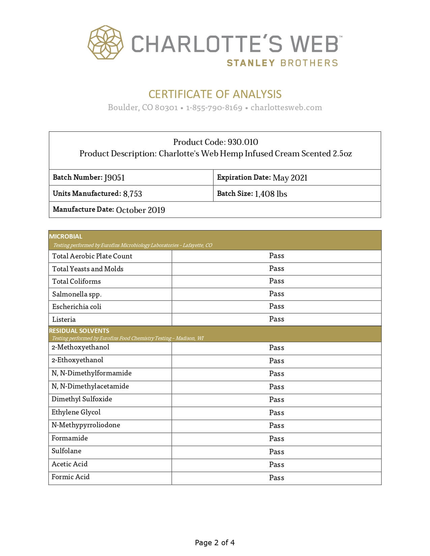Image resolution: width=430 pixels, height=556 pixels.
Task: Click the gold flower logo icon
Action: pyautogui.click(x=106, y=42)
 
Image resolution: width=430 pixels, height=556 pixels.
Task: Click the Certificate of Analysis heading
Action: pyautogui.click(x=215, y=94)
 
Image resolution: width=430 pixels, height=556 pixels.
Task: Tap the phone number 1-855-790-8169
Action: pyautogui.click(x=214, y=107)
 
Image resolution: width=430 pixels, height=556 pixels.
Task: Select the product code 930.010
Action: pyautogui.click(x=243, y=142)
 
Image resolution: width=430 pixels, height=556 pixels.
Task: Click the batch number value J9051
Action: pyautogui.click(x=114, y=178)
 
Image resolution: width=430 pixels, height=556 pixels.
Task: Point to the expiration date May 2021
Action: pyautogui.click(x=290, y=178)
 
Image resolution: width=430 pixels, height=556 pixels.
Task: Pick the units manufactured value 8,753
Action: pyautogui.click(x=133, y=194)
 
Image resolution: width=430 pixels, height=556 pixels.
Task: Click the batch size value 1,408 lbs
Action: pyautogui.click(x=271, y=194)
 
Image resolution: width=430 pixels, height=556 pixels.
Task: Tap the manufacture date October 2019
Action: pyautogui.click(x=140, y=210)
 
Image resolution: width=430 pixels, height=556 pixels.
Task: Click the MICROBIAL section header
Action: pyautogui.click(x=66, y=236)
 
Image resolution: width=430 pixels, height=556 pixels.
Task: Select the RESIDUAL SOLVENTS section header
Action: pyautogui.click(x=79, y=331)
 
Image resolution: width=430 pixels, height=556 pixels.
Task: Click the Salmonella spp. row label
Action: pyautogui.click(x=77, y=294)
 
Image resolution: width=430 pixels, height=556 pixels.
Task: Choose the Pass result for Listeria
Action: pyautogui.click(x=277, y=319)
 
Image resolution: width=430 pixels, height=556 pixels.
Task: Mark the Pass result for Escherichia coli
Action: pyautogui.click(x=277, y=306)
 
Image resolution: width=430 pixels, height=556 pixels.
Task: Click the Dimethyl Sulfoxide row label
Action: pyautogui.click(x=82, y=399)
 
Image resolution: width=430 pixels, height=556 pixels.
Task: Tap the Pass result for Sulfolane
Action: pyautogui.click(x=277, y=452)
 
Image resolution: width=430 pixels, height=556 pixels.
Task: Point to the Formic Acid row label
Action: pyautogui.click(x=70, y=477)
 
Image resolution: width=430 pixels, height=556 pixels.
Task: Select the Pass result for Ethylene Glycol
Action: pyautogui.click(x=277, y=412)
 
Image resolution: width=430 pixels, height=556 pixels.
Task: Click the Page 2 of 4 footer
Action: pyautogui.click(x=215, y=543)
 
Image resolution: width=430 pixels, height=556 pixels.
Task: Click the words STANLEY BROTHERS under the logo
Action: pyautogui.click(x=282, y=63)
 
